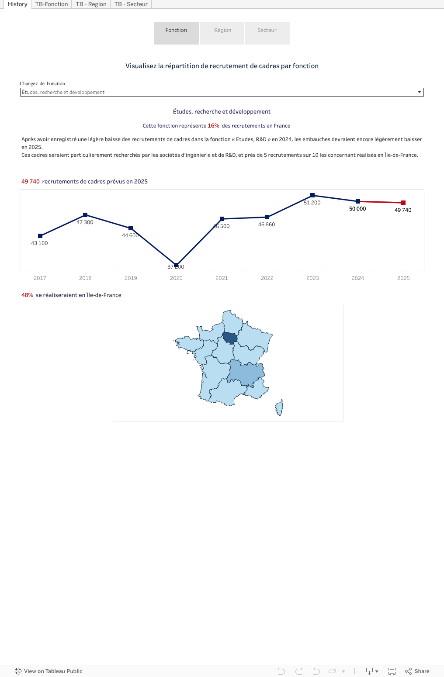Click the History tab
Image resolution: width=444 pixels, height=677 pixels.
[17, 4]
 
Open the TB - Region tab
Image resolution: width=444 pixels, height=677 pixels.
[91, 4]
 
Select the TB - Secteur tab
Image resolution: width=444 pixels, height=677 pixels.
[131, 4]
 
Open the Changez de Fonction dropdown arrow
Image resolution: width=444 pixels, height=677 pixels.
[420, 92]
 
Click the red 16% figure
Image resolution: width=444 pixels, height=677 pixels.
[213, 126]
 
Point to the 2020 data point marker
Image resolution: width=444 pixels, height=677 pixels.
[176, 265]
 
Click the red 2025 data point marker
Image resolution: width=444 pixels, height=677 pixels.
[403, 203]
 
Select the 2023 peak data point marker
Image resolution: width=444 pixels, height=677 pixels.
[312, 195]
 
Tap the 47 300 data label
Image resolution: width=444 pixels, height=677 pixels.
[85, 222]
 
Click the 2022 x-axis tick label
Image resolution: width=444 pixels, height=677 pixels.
[267, 278]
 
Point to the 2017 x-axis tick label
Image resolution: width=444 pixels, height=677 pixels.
[40, 278]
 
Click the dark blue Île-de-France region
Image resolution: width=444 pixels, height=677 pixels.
[229, 338]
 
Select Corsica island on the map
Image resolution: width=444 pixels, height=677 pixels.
[279, 408]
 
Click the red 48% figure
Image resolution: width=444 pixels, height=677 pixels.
[27, 295]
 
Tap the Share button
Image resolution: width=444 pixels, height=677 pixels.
[417, 671]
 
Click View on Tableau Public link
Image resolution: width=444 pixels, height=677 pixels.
[49, 671]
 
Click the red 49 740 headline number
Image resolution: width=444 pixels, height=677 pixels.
[31, 182]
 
